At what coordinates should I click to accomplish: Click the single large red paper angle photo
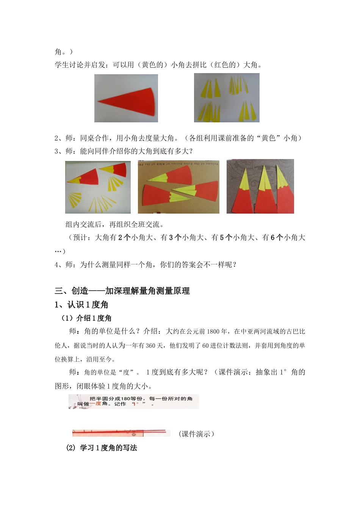(x=126, y=98)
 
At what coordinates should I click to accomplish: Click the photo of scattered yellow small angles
(x=227, y=98)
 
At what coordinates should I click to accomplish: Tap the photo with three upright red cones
(x=260, y=186)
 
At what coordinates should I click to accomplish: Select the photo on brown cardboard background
(x=178, y=187)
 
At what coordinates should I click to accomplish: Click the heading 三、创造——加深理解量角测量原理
(x=122, y=291)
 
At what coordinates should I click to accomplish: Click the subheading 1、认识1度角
(x=81, y=304)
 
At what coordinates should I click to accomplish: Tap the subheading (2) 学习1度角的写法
(x=102, y=448)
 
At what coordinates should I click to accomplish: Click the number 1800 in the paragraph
(x=213, y=331)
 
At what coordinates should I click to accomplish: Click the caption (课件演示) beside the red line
(x=196, y=434)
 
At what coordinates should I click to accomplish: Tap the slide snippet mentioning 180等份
(x=134, y=401)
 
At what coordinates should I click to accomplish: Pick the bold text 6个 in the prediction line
(x=277, y=237)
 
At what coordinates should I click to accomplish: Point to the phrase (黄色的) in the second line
(x=152, y=65)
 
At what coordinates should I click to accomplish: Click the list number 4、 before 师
(x=59, y=265)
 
